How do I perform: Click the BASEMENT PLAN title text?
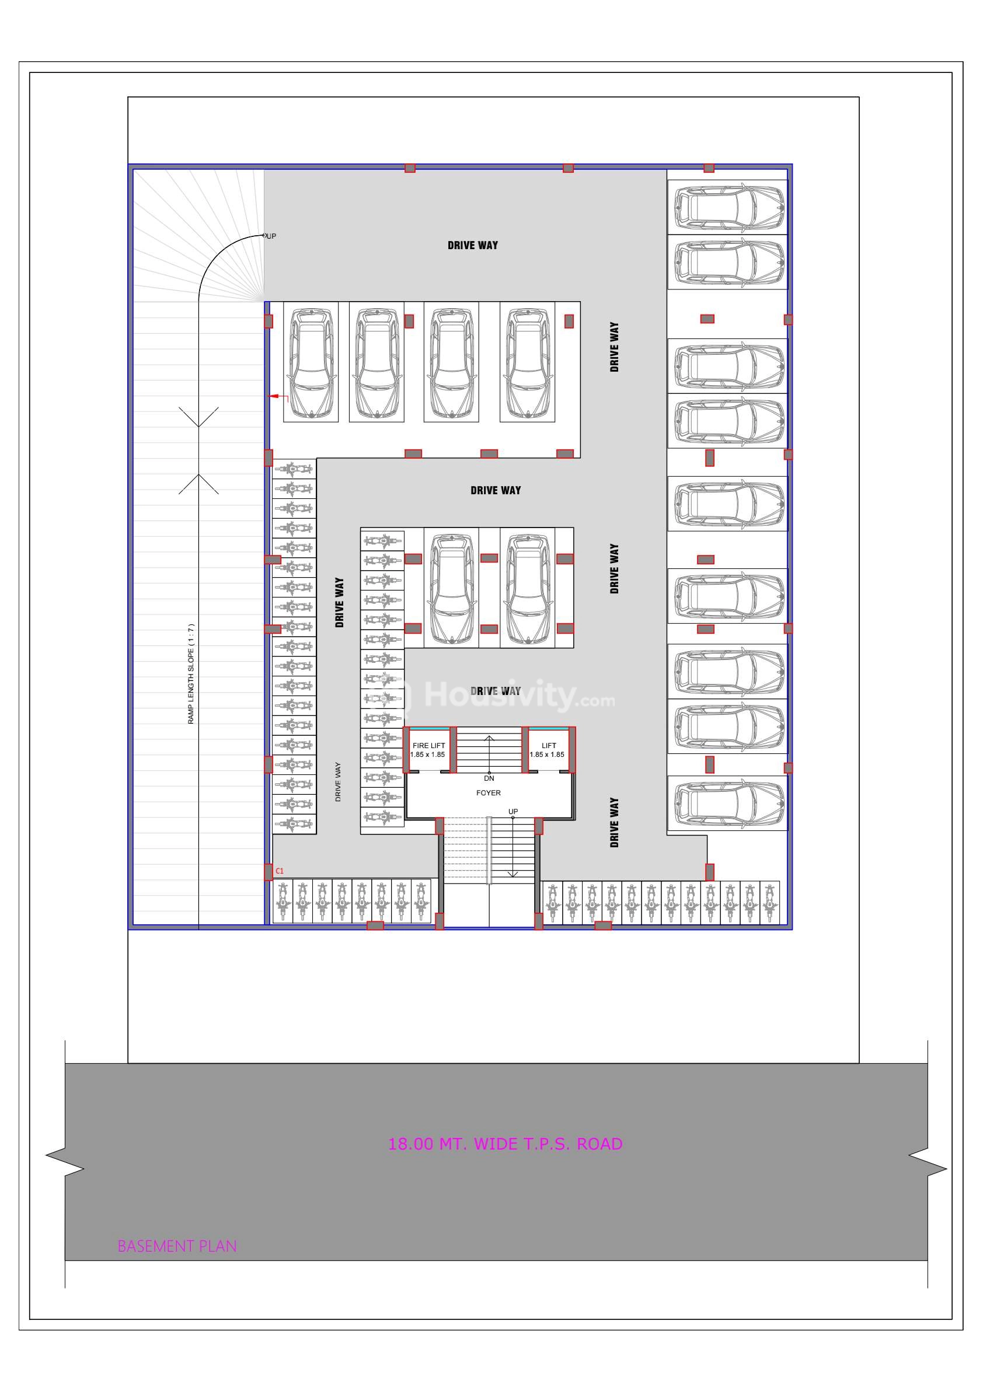point(177,1246)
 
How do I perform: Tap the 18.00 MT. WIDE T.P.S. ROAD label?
point(505,1144)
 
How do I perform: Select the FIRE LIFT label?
point(428,746)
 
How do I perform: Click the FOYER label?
point(489,792)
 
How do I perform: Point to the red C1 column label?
point(279,871)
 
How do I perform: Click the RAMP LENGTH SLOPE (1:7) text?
point(191,674)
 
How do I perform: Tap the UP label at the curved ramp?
point(271,236)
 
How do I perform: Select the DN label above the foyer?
point(489,778)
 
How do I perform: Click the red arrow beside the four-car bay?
point(278,397)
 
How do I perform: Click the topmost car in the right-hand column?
point(730,207)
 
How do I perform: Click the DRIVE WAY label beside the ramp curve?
point(472,245)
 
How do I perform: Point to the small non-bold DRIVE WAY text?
point(338,781)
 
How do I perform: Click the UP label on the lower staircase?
point(513,811)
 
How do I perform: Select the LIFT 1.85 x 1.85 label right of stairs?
point(548,750)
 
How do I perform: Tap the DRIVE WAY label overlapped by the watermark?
point(496,691)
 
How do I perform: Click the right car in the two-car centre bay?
point(528,588)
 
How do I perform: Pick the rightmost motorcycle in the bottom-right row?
point(769,902)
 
